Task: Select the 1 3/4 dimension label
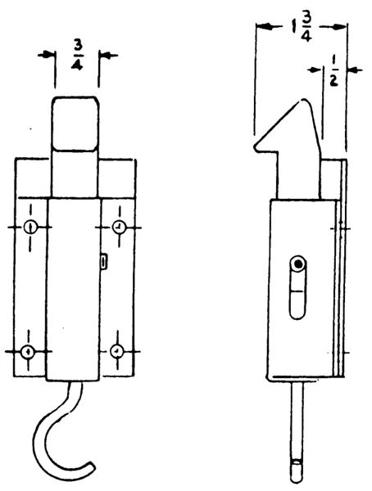tap(301, 27)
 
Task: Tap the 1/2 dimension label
tap(334, 71)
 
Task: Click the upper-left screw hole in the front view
tap(30, 227)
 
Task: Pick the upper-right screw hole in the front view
tap(119, 227)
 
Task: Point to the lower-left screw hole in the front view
tap(28, 351)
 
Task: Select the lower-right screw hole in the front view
tap(117, 351)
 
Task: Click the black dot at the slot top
tap(298, 264)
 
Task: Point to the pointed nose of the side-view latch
tap(256, 147)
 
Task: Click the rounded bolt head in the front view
tap(75, 124)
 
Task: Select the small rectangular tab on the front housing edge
tap(104, 262)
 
